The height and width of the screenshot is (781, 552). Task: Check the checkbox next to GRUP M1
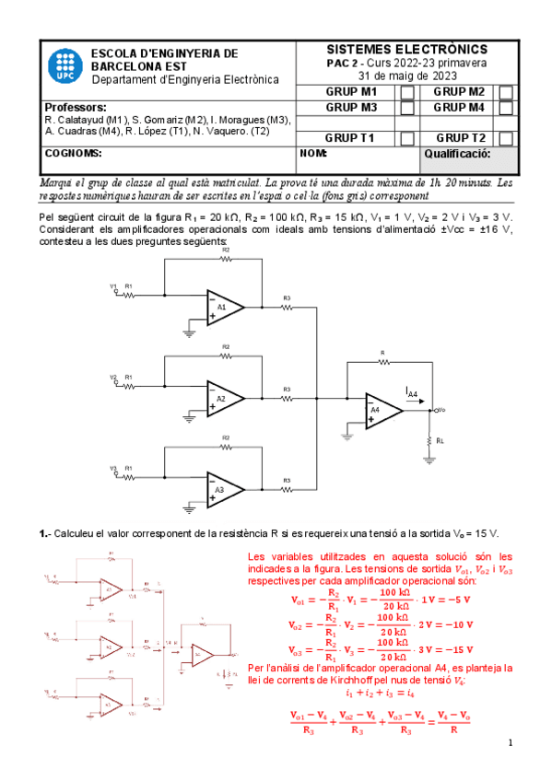click(x=406, y=92)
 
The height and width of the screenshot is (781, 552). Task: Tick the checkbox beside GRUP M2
click(x=506, y=92)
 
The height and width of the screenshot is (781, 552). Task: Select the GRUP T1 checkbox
click(x=406, y=138)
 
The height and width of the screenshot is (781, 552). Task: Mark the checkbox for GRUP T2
click(x=506, y=138)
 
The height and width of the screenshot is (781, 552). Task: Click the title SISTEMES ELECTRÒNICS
click(x=407, y=49)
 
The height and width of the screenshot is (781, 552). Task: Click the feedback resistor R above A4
click(x=382, y=360)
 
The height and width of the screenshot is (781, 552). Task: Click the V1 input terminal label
click(x=114, y=286)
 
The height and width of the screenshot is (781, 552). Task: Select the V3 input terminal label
click(x=114, y=469)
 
